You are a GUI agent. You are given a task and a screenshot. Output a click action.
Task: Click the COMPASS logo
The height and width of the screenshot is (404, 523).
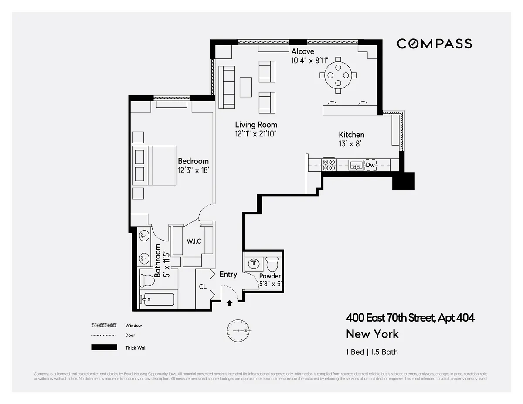pos(434,44)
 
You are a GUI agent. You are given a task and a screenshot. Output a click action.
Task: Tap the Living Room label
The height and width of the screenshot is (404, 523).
pos(256,125)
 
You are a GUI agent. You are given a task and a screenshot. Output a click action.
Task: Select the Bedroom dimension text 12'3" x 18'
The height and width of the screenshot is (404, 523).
pos(194,170)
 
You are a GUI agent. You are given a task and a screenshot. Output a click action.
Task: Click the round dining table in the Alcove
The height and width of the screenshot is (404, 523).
pos(338,75)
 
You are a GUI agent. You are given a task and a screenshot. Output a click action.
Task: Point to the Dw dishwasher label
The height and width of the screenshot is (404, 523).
pos(370,165)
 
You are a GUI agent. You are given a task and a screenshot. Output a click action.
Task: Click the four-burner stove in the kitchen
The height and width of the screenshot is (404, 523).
pos(328,164)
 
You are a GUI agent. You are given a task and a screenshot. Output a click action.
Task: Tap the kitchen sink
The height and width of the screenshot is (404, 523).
pos(356,165)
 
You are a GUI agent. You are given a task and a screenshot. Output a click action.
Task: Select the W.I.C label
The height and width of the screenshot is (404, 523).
pos(194,241)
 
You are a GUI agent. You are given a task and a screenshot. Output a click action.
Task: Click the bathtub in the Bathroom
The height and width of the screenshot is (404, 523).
pos(157,300)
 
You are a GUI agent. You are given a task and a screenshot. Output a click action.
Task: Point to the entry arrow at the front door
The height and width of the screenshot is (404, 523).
pos(229,303)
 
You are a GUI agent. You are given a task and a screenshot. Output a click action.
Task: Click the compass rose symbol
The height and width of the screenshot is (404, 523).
pos(238,331)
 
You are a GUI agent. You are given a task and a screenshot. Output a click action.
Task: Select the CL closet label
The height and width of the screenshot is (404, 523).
pos(203,287)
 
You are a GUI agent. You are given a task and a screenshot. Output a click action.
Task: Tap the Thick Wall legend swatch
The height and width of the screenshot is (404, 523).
pos(104,347)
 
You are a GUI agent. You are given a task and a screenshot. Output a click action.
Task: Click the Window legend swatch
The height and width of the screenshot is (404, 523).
pos(104,325)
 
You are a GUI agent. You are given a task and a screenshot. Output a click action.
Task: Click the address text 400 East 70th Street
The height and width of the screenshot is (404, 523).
pos(410,318)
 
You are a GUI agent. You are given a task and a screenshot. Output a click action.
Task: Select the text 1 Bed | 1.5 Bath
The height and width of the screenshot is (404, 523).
pos(372,352)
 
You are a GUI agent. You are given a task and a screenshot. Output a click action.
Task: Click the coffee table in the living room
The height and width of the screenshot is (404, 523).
pos(246,87)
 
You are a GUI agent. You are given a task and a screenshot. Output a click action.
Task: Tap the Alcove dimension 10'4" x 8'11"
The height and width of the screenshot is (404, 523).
pos(310,61)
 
